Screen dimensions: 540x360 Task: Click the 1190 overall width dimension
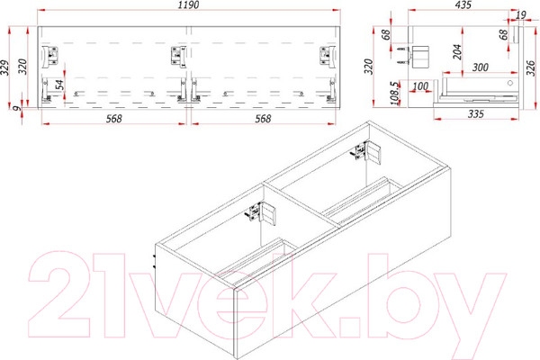[188, 4]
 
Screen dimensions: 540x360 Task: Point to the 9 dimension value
[16, 109]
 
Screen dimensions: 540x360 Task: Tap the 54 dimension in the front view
[59, 85]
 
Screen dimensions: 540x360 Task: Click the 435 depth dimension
[463, 4]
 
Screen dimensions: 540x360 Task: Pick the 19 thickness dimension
[521, 14]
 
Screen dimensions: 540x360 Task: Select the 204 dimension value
[457, 52]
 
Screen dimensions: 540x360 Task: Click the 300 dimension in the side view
[480, 67]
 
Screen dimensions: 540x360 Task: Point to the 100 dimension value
[420, 86]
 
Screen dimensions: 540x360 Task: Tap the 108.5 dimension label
[395, 93]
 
